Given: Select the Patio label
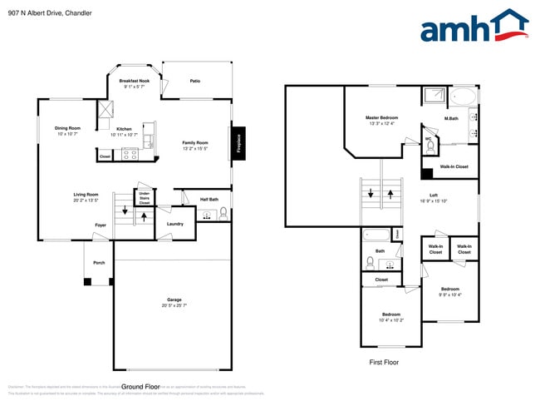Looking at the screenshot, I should (x=195, y=81).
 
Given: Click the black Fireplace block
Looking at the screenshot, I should (x=238, y=142).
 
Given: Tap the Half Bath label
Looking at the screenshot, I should (x=209, y=199).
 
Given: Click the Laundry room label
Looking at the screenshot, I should (x=174, y=223).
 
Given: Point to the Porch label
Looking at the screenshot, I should (x=99, y=262).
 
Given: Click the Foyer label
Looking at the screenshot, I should (x=100, y=225).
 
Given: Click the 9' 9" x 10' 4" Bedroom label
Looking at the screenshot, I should (x=450, y=291).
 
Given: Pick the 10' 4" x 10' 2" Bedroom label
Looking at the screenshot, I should (x=390, y=317).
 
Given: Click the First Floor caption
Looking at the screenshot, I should (x=384, y=363).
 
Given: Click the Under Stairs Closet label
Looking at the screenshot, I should (x=144, y=198).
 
